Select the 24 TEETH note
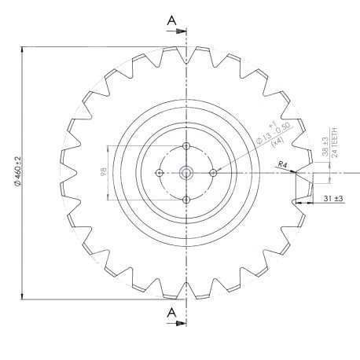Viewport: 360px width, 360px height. (336, 142)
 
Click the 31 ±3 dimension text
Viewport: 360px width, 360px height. (332, 199)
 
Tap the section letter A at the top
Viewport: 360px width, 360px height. (172, 21)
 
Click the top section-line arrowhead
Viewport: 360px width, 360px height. (182, 31)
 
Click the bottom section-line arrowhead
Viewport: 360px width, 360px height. (182, 322)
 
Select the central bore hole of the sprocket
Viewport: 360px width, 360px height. (186, 172)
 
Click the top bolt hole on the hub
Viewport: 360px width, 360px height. (186, 146)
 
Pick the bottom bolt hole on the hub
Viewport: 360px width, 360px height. (186, 200)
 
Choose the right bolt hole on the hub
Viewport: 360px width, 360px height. (213, 172)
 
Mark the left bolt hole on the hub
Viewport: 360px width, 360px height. (160, 172)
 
